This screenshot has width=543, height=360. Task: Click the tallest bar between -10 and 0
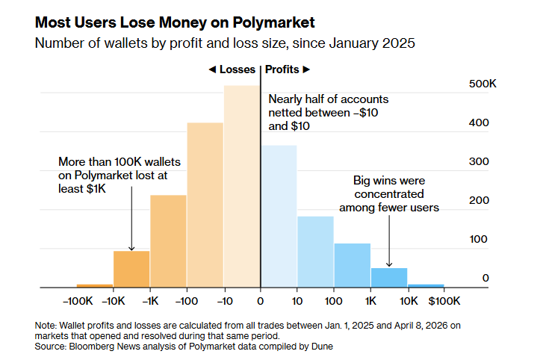[x=242, y=187]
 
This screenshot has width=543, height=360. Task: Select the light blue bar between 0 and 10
[x=279, y=217]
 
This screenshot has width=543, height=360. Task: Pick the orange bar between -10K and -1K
[x=131, y=269]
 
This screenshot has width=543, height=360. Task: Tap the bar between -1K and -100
[x=168, y=241]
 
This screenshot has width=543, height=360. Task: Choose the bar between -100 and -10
[x=205, y=205]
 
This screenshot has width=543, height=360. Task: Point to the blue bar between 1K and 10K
[x=389, y=277]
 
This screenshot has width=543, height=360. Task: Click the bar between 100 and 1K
[x=352, y=265]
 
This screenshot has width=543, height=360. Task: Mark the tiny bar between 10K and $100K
[x=426, y=285]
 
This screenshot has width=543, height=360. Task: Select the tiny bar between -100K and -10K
[x=95, y=285]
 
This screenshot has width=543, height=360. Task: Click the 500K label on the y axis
[x=483, y=85]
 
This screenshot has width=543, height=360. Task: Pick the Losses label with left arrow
[x=232, y=69]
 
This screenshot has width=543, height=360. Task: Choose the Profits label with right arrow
[x=288, y=69]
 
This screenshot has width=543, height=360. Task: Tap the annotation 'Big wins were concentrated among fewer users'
[x=389, y=194]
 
